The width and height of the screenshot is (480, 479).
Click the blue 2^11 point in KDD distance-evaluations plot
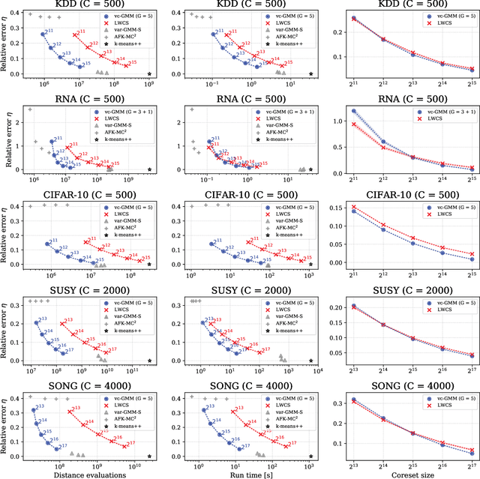coord(43,34)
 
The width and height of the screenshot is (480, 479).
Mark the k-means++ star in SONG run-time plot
coord(310,456)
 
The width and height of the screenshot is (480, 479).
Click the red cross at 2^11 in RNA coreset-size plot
coord(354,124)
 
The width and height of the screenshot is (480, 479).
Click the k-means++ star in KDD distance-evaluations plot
coord(149,74)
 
